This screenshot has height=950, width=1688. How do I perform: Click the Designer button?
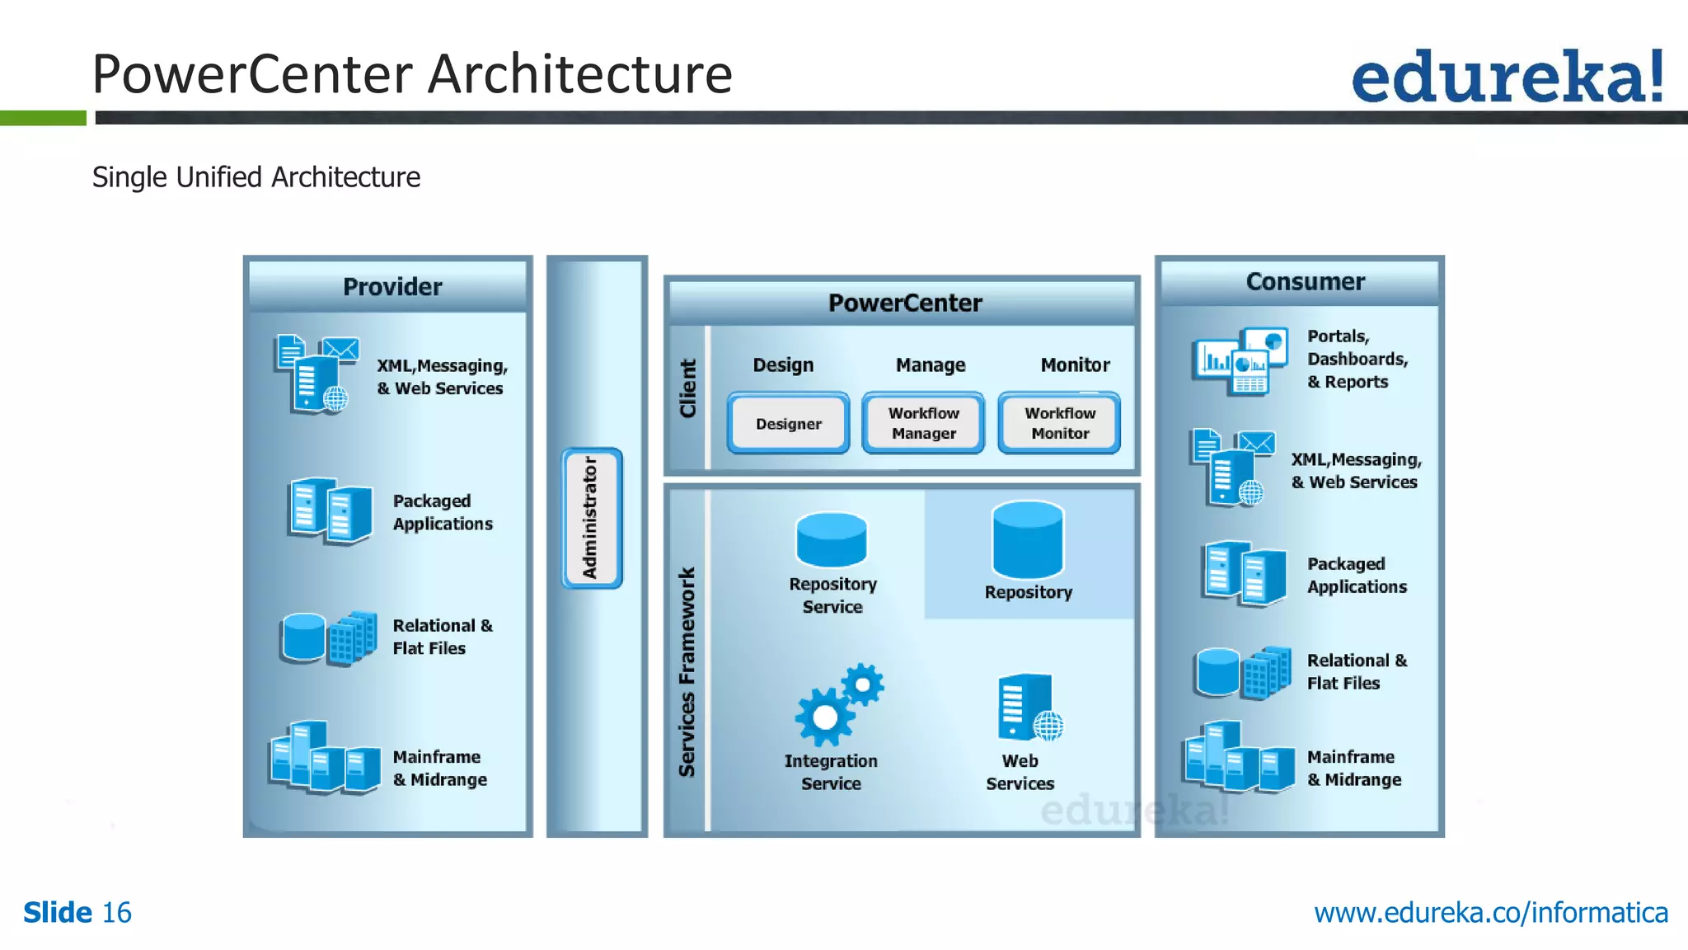click(x=789, y=423)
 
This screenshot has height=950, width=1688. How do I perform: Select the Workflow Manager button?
click(x=923, y=423)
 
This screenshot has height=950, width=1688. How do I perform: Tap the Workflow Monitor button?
click(x=1059, y=423)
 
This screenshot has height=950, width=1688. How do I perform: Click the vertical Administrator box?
click(x=592, y=518)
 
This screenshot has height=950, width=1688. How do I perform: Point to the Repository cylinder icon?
click(x=1028, y=540)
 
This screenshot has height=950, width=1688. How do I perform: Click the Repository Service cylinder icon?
click(x=832, y=540)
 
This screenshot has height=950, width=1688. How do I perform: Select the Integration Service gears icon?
click(x=837, y=706)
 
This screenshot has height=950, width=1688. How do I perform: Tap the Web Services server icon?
click(x=1028, y=708)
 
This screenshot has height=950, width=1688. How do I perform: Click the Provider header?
click(x=392, y=287)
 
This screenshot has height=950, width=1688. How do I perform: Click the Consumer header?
click(x=1305, y=282)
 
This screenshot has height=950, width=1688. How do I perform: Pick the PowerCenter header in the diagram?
click(x=904, y=303)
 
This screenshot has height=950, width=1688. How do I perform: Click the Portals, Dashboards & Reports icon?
click(x=1240, y=361)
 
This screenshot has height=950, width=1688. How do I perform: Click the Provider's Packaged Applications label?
click(x=443, y=512)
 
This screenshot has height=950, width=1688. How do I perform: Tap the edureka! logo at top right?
click(x=1507, y=77)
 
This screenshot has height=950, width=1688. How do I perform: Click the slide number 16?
click(x=116, y=913)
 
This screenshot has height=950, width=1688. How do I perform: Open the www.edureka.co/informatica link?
click(x=1490, y=913)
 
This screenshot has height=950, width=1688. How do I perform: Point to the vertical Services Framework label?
click(x=687, y=672)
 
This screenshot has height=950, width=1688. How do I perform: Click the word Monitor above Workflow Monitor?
click(x=1075, y=364)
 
